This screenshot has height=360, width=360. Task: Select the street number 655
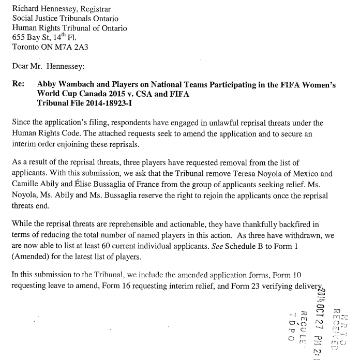click(x=19, y=37)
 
